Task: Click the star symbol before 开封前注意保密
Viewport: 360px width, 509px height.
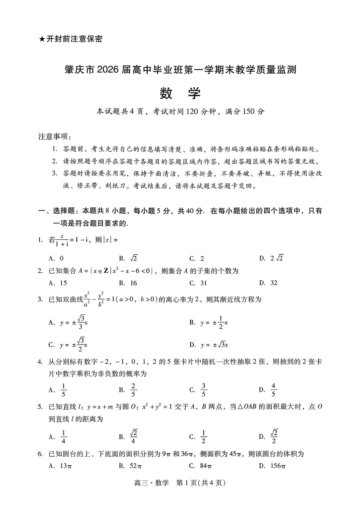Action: tap(42, 39)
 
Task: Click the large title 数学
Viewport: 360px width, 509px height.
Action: tap(180, 93)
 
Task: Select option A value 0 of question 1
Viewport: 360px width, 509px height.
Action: tap(61, 258)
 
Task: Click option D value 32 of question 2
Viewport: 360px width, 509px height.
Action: tap(274, 283)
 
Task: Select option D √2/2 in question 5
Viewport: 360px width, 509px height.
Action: tap(274, 437)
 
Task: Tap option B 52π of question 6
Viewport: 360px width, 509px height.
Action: tap(136, 466)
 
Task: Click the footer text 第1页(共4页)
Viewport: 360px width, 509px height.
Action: tap(201, 483)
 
